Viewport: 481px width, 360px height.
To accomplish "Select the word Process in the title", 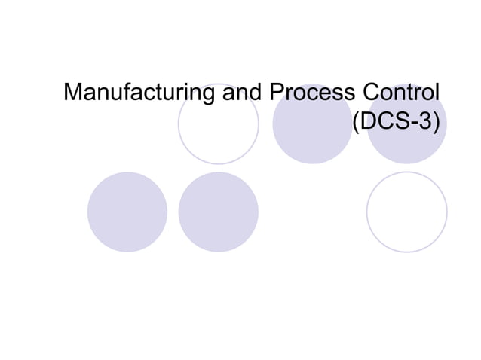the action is pyautogui.click(x=310, y=95).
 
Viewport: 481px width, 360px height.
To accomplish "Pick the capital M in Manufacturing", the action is pyautogui.click(x=74, y=95).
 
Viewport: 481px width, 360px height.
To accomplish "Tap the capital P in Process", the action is pyautogui.click(x=275, y=95).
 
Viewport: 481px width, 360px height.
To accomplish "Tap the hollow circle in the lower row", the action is pyautogui.click(x=406, y=212).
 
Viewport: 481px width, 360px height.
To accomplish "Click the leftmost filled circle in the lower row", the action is pyautogui.click(x=127, y=212).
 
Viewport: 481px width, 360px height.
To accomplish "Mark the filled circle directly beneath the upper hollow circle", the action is pyautogui.click(x=219, y=212).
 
